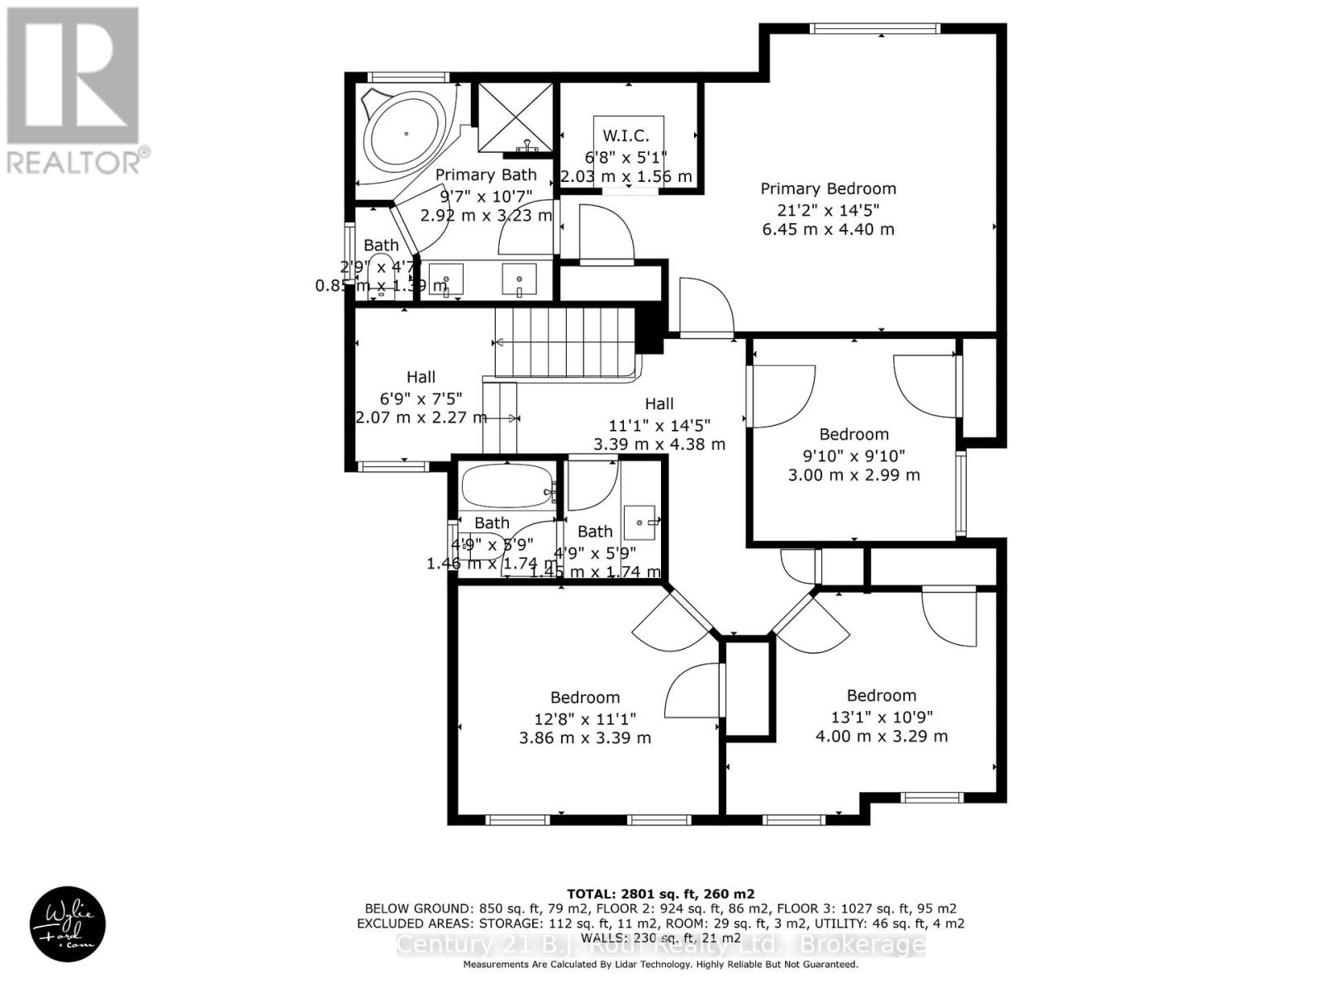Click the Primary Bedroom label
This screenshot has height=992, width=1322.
828,188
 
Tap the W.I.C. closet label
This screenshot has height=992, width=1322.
625,136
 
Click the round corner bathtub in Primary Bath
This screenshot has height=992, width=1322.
406,133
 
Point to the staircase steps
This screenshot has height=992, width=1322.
564,341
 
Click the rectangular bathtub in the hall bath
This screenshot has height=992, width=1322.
506,486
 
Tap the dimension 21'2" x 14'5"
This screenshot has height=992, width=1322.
828,209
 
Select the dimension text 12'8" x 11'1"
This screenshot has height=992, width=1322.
585,718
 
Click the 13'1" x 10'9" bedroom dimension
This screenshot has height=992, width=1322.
882,716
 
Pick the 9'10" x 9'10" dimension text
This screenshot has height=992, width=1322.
854,455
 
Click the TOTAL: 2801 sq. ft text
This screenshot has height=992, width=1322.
660,894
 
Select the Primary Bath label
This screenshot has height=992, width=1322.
486,174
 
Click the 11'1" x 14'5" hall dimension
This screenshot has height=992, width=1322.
659,424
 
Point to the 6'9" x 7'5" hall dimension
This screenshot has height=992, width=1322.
421,398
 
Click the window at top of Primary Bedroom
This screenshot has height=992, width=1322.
875,29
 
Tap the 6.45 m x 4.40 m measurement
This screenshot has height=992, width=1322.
828,229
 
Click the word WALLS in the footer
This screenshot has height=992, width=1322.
602,938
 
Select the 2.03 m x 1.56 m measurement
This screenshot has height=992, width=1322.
626,176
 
